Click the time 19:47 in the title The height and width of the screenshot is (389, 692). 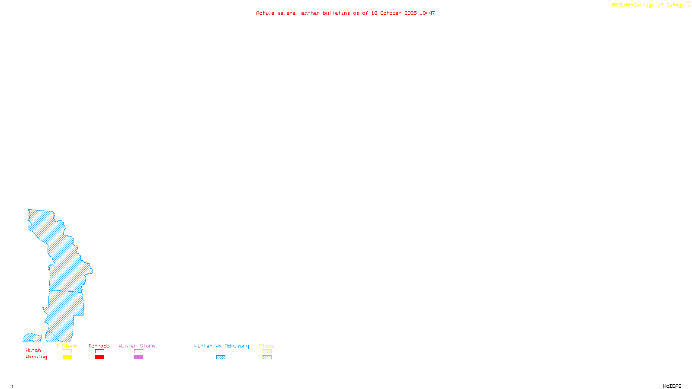427,13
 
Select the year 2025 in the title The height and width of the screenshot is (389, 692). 411,13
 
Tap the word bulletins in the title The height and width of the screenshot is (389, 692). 336,13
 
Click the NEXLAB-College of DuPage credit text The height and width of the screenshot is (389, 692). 648,5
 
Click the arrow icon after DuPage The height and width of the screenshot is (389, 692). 688,5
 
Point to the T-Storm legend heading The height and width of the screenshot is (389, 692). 67,346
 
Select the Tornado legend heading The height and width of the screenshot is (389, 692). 99,346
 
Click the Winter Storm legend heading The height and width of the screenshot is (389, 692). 137,346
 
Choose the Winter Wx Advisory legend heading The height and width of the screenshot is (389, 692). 221,346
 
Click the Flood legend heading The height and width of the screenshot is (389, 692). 267,346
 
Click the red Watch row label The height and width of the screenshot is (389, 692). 33,351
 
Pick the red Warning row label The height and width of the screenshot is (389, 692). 36,357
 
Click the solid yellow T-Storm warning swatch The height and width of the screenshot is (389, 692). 67,357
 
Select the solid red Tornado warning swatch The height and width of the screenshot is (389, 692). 99,357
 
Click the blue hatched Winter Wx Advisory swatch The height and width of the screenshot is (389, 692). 221,357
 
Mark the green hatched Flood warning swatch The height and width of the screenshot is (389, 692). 267,357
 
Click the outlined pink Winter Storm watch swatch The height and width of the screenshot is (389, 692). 138,351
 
